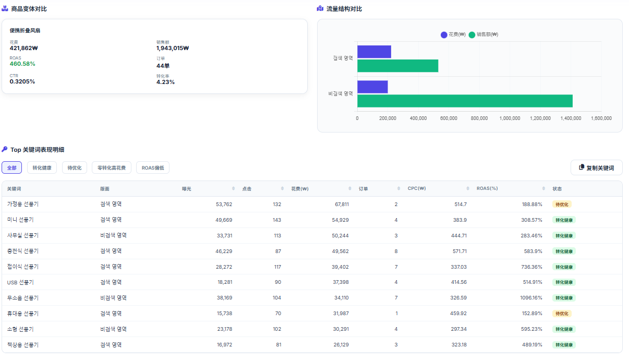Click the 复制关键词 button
tap(596, 167)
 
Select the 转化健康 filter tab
tap(42, 167)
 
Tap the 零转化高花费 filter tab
tap(112, 167)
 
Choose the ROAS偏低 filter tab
tap(153, 167)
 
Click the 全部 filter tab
tap(12, 167)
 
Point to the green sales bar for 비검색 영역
tap(465, 101)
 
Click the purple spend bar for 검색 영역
tap(374, 52)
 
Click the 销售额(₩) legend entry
tap(483, 34)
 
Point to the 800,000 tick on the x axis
tap(479, 118)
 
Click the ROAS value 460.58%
tap(22, 64)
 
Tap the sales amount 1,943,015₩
tap(173, 48)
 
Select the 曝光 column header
tap(186, 189)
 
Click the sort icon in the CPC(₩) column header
tap(467, 188)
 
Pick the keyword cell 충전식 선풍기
tap(23, 251)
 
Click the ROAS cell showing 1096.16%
tap(531, 298)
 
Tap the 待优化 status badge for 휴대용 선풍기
tap(562, 314)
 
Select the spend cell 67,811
tap(342, 204)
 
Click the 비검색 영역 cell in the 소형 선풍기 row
tap(113, 329)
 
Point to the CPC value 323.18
tap(459, 344)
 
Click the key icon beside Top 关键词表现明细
tap(5, 149)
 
